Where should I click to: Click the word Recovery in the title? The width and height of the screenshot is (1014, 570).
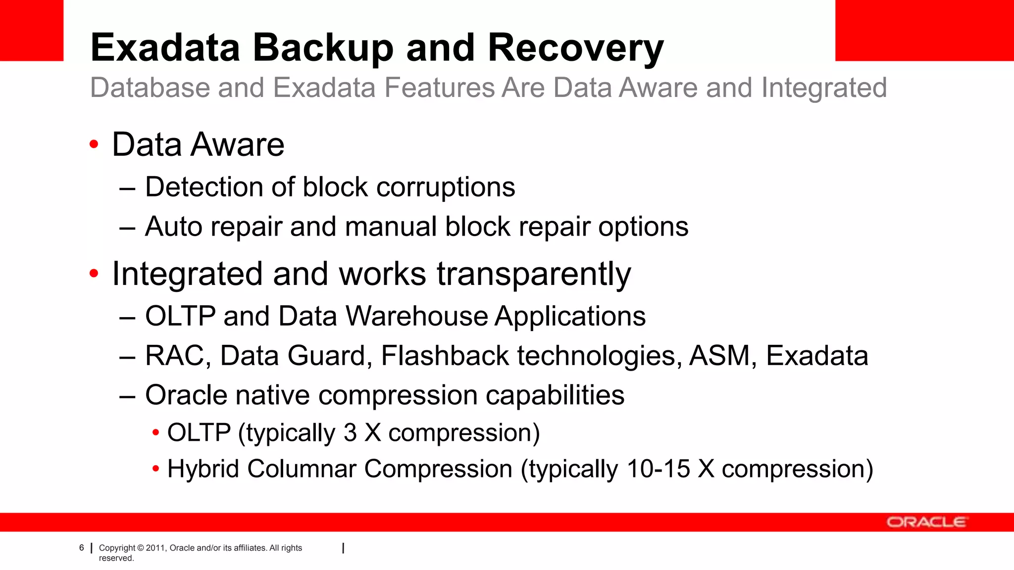[x=575, y=48]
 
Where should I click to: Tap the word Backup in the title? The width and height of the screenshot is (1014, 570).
[x=323, y=48]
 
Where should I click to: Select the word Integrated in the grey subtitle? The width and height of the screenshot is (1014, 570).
[x=823, y=88]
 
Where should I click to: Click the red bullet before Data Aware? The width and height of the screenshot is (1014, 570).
[x=94, y=144]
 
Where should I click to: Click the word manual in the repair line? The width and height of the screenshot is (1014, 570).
[x=390, y=227]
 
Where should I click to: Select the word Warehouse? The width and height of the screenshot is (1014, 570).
[x=417, y=316]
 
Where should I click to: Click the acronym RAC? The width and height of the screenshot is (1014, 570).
[x=175, y=356]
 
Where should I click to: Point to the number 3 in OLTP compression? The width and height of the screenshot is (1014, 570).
[x=350, y=433]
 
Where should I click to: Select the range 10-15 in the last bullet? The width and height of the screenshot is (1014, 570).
[x=658, y=469]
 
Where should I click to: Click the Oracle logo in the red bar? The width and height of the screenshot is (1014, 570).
[x=926, y=522]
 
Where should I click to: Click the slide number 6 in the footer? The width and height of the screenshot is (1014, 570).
[x=82, y=548]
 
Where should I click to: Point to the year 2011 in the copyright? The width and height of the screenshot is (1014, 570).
[x=155, y=548]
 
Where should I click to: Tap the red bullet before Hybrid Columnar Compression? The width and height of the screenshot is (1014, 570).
[x=156, y=469]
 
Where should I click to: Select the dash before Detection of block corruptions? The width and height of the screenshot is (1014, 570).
[x=127, y=189]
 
